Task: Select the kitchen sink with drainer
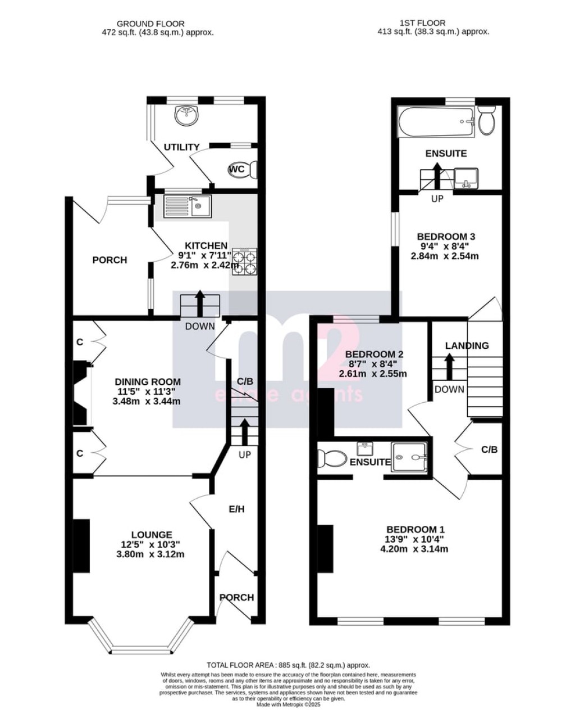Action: [187, 206]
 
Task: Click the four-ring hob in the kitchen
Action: [245, 262]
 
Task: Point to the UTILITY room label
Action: [181, 147]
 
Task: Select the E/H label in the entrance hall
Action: [236, 509]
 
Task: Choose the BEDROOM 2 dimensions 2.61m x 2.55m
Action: [373, 374]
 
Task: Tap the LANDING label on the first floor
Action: [467, 345]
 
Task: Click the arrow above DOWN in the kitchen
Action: [199, 303]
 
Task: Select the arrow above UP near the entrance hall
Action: [244, 431]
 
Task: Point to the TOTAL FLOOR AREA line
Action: [288, 665]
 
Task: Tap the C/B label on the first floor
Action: [489, 450]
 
